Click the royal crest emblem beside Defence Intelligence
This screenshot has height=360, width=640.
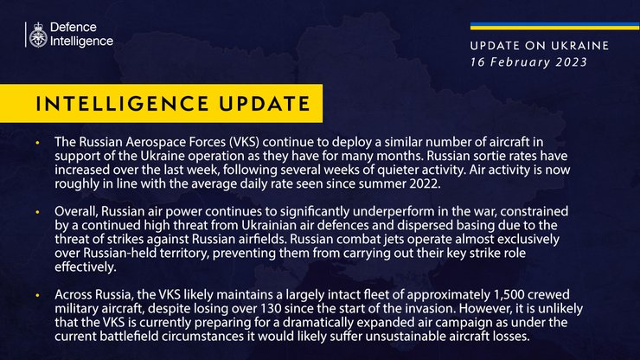pyautogui.click(x=36, y=35)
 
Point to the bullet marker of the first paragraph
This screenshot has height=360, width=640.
pyautogui.click(x=37, y=140)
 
